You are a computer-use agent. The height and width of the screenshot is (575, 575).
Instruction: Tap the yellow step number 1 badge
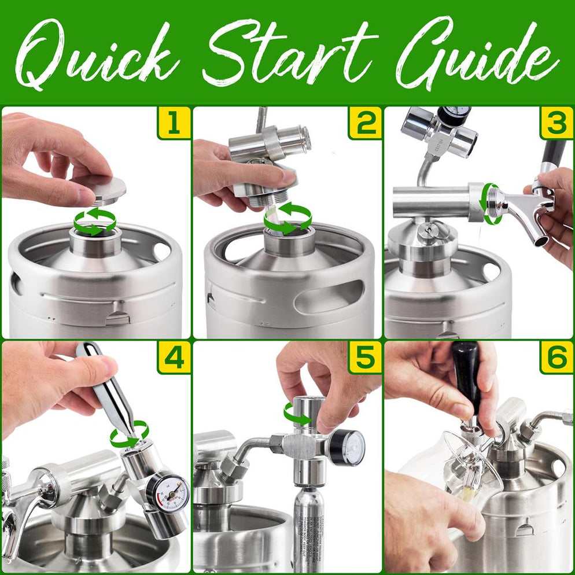tap(174, 123)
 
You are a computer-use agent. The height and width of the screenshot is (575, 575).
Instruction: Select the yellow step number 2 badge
tap(364, 123)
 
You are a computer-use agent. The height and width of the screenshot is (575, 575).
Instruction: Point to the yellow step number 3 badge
tap(556, 123)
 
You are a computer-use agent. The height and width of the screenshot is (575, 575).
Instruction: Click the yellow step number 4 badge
tap(174, 357)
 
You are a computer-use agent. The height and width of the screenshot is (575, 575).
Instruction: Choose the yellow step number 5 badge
tap(364, 357)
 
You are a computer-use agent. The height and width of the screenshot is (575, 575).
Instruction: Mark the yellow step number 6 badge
tap(556, 357)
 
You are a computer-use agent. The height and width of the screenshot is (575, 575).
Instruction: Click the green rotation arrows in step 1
tap(95, 222)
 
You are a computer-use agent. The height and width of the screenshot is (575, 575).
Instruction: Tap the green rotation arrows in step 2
tap(287, 219)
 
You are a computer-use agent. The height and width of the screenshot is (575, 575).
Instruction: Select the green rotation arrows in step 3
tap(491, 203)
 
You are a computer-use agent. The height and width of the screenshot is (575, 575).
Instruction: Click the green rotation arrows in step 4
tap(130, 434)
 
